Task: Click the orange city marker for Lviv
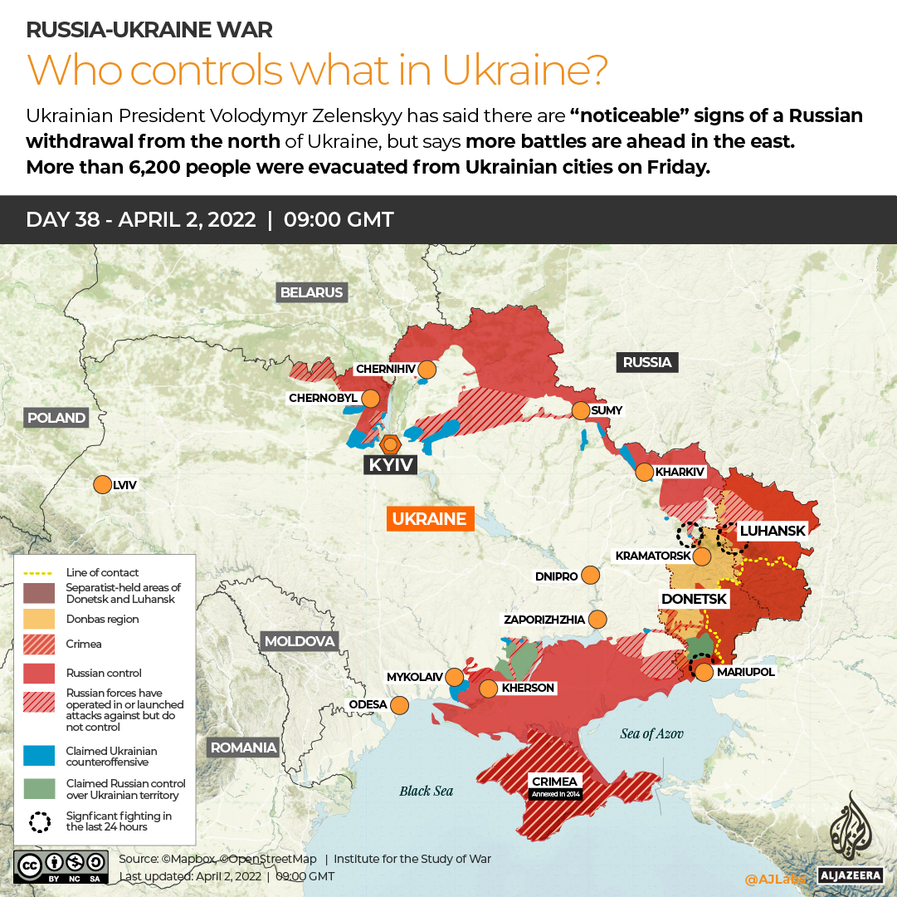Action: tap(102, 484)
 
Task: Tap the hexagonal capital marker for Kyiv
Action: tap(389, 443)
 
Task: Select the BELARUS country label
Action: tap(311, 292)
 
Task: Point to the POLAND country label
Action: tap(56, 418)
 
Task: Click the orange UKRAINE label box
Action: tap(429, 519)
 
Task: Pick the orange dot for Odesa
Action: tap(399, 705)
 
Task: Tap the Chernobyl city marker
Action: tap(370, 399)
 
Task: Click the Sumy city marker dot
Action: tap(580, 410)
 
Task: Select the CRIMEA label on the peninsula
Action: tap(555, 782)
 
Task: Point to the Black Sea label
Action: tap(426, 791)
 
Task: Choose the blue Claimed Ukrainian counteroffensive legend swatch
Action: tap(40, 756)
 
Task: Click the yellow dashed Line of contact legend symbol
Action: tap(40, 572)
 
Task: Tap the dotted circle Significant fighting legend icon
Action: tap(40, 821)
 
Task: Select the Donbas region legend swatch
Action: tap(40, 619)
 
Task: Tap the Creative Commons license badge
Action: tap(61, 865)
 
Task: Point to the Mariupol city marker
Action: tap(704, 672)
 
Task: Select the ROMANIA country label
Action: tap(243, 747)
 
